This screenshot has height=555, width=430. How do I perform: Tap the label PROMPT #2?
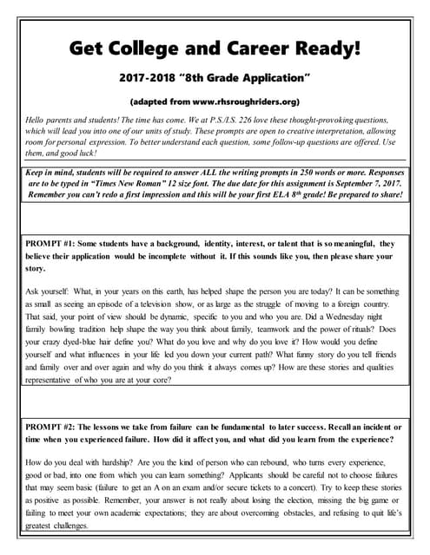[53, 428]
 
